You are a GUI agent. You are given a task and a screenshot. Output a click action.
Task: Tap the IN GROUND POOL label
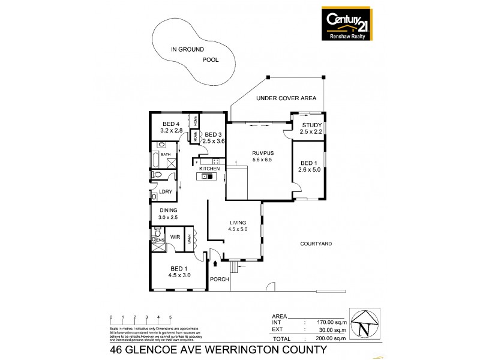coord(194,55)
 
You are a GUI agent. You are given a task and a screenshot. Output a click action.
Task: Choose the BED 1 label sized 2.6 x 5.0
coord(308,167)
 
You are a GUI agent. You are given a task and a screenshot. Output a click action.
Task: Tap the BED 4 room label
coord(171,127)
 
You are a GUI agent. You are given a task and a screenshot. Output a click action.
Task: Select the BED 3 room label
coord(213,137)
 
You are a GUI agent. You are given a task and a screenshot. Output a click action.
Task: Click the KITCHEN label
coord(210,169)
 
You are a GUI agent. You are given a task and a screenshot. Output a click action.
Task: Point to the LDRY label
coord(165,193)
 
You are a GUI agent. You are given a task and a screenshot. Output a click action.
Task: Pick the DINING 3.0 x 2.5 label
coord(169,214)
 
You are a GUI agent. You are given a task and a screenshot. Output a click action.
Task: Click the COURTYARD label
coord(316,244)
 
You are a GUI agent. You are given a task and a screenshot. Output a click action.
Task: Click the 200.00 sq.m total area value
coord(331,339)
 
